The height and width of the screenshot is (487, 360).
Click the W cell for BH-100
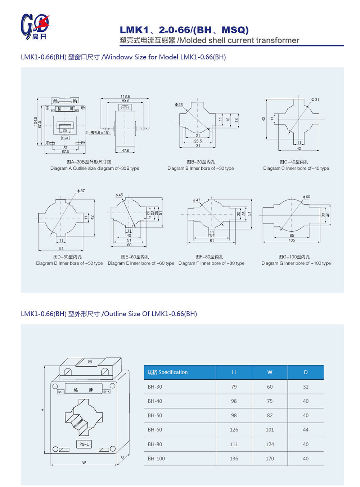pos(270,459)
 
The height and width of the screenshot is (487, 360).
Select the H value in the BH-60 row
pos(234,430)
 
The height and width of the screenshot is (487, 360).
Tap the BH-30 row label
pos(155,387)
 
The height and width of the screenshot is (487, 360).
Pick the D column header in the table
pos(306,372)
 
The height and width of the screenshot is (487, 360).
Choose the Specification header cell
pos(168,372)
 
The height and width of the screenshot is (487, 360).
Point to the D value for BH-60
pos(306,430)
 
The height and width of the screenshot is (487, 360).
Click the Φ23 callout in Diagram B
pos(179,105)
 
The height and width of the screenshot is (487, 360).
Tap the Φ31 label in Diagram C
pos(315,100)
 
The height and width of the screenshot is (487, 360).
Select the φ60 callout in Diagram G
pos(306,197)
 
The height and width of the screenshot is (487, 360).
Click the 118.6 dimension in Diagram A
pos(125,97)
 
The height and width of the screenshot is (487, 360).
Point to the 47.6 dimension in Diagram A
pos(125,151)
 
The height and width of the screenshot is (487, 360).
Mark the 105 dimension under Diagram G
pos(292,240)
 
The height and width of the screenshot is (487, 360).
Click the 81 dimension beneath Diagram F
pos(212,241)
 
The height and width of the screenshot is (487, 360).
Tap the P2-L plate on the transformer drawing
pos(84,444)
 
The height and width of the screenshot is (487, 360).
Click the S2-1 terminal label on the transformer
pos(60,392)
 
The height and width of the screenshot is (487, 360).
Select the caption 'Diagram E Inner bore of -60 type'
pos(141,263)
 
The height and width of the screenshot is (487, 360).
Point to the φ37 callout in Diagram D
pos(81,191)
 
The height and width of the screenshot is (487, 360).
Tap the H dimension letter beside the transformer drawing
pos(42,410)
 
